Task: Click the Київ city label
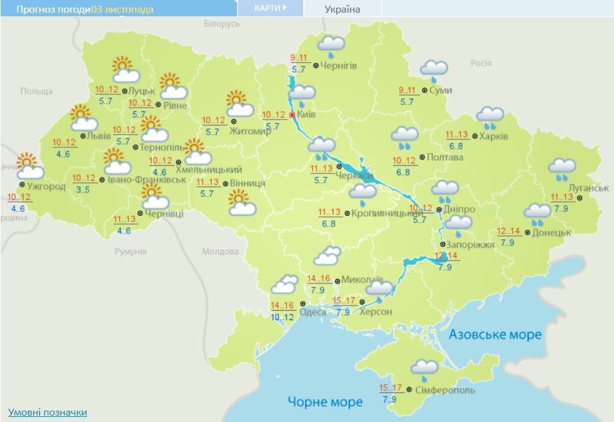[306, 115]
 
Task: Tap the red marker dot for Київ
[292, 115]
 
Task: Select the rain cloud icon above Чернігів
[330, 46]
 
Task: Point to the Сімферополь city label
[446, 390]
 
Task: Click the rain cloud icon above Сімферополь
[423, 368]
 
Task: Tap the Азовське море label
[495, 334]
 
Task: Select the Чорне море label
[325, 402]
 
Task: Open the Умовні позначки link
[47, 413]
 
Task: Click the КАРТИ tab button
[270, 8]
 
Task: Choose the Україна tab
[342, 9]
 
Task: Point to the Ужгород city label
[46, 186]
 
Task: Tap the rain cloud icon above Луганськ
[561, 168]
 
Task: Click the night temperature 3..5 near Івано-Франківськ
[83, 189]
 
